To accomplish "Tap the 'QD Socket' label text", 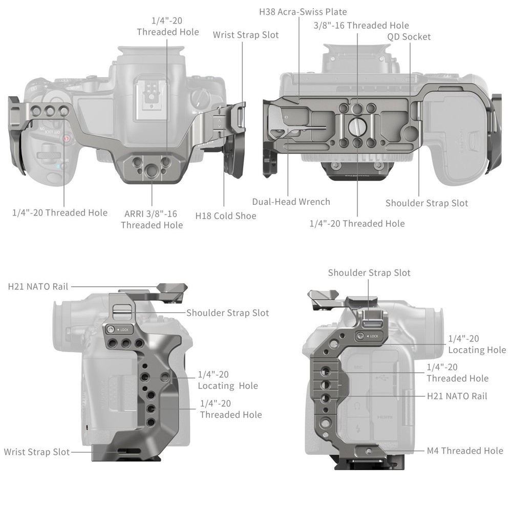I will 409,36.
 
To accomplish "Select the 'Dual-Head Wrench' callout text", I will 291,202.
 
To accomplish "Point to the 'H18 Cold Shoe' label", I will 226,216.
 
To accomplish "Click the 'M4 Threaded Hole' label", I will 465,451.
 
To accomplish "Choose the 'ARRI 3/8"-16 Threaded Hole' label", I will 152,219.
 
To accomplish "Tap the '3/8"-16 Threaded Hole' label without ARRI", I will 361,25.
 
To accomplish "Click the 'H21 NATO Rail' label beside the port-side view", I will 457,396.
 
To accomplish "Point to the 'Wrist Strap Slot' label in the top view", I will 246,35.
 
